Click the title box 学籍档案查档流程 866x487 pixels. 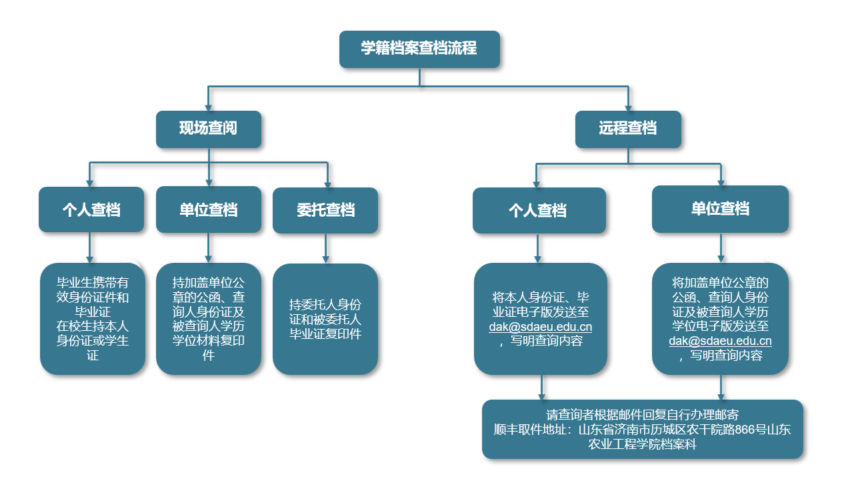pos(419,49)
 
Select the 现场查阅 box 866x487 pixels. pos(208,129)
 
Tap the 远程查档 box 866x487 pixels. pos(627,129)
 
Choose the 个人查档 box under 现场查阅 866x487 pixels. pos(91,210)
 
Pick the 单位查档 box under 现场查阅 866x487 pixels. pos(208,210)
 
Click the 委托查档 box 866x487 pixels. pos(325,210)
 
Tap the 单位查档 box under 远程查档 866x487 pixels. pos(720,209)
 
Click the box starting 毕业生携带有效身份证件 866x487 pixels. pos(93,318)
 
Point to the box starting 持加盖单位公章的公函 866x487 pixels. pos(208,318)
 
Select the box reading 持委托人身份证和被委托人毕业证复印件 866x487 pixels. pos(325,318)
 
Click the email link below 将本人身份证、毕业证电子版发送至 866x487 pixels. pos(540,327)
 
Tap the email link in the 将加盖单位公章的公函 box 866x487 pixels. pos(720,341)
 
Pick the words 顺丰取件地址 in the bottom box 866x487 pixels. pos(532,430)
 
